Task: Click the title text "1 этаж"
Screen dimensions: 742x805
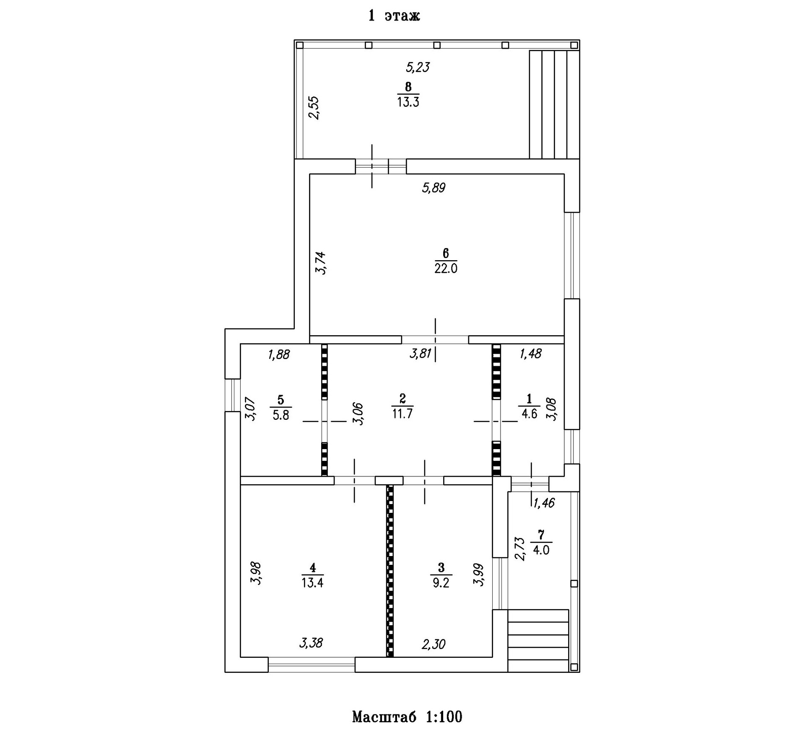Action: click(x=394, y=16)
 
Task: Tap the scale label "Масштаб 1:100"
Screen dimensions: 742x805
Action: click(x=407, y=716)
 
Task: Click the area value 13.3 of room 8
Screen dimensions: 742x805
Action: click(x=408, y=102)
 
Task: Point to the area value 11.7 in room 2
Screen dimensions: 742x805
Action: click(x=402, y=414)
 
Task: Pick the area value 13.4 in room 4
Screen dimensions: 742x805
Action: click(x=312, y=582)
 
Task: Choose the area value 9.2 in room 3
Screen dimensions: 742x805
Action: click(x=441, y=582)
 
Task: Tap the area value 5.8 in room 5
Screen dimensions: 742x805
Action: click(x=281, y=415)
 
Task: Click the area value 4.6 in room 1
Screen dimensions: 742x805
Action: click(x=529, y=414)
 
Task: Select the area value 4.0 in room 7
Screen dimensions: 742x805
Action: click(x=541, y=550)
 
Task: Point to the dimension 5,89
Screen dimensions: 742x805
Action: click(x=434, y=188)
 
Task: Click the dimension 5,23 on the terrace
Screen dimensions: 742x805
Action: click(x=418, y=67)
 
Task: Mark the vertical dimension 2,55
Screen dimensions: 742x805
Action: click(x=314, y=108)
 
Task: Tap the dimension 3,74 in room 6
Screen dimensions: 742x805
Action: click(x=321, y=263)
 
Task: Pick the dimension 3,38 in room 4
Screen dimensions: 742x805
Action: click(x=311, y=643)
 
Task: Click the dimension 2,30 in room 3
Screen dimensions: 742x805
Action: click(x=434, y=644)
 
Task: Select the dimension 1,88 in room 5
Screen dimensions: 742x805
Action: click(x=278, y=354)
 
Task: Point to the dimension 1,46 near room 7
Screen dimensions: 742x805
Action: click(x=544, y=503)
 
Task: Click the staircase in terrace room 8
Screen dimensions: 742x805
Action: click(x=554, y=104)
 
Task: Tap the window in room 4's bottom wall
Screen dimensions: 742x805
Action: click(x=312, y=664)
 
